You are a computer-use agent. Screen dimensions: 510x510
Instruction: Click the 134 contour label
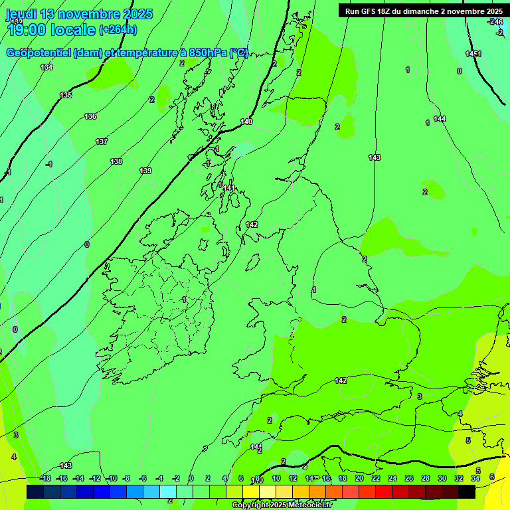tap(46, 67)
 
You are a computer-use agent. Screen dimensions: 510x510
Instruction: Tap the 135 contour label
tap(66, 95)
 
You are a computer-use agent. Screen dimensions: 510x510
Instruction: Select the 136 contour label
tap(90, 116)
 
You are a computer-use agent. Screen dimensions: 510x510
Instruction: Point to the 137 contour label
tap(102, 141)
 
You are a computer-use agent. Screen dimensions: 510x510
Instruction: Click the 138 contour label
tap(116, 161)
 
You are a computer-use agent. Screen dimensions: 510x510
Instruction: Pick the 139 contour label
tap(145, 171)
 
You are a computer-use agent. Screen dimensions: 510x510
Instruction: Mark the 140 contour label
tap(246, 122)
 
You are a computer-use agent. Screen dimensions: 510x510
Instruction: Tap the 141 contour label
tap(229, 188)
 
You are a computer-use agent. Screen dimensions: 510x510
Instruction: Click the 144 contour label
tap(440, 119)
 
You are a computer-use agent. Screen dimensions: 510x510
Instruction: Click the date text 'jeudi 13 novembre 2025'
tap(79, 14)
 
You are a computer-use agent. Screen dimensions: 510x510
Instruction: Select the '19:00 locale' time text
tap(52, 29)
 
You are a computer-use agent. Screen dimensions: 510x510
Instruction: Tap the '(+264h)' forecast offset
tap(118, 29)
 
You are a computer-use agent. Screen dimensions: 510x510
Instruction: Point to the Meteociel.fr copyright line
tap(282, 505)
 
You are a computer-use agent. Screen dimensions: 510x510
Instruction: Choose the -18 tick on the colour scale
tap(45, 478)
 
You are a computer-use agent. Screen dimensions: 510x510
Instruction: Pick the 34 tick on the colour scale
tap(475, 478)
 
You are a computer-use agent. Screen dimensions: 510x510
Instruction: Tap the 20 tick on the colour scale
tap(359, 478)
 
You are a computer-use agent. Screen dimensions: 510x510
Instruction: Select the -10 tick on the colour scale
tap(112, 478)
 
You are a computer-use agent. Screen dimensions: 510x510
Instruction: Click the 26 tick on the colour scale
tap(409, 478)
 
